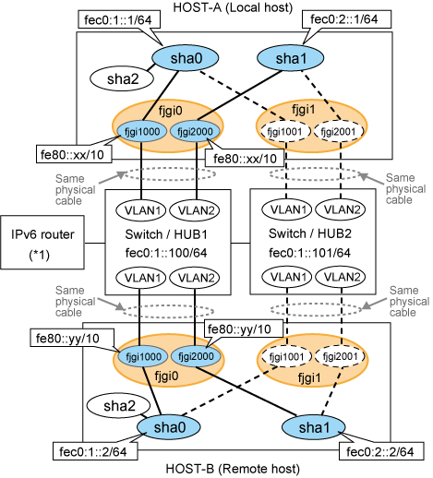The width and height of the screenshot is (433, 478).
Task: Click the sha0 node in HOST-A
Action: coord(186,58)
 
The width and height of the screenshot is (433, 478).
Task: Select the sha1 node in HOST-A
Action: coord(290,58)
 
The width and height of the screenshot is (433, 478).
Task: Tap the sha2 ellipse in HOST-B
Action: coord(118,406)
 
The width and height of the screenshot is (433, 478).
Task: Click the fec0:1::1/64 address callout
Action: coord(119,20)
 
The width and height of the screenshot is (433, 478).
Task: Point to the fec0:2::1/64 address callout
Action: coord(347,19)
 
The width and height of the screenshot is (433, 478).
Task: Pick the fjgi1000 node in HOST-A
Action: coord(142,132)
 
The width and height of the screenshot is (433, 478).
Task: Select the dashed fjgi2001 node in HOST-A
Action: coord(339,132)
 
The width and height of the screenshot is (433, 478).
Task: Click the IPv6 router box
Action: coord(42,243)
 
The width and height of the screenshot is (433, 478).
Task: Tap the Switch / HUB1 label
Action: coord(166,234)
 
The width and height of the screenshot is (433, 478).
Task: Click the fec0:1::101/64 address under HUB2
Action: coord(309,253)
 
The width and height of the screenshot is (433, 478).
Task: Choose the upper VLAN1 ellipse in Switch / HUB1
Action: coord(141,210)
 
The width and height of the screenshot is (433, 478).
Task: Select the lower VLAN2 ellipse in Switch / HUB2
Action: coord(341,278)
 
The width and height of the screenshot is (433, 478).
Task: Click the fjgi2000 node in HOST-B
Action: coord(196,356)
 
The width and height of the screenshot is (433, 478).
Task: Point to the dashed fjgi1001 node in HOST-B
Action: coord(287,357)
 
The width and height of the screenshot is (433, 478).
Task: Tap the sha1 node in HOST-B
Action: coord(313,427)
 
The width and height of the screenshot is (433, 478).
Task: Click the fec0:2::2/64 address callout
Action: coord(381,451)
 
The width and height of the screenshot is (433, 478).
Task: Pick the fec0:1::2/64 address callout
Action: coord(95,451)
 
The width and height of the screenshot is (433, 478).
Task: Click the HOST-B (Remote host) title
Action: coord(233,469)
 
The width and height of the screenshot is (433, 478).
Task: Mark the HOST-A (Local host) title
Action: coord(233,7)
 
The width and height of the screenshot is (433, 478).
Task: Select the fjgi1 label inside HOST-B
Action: coord(309,377)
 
